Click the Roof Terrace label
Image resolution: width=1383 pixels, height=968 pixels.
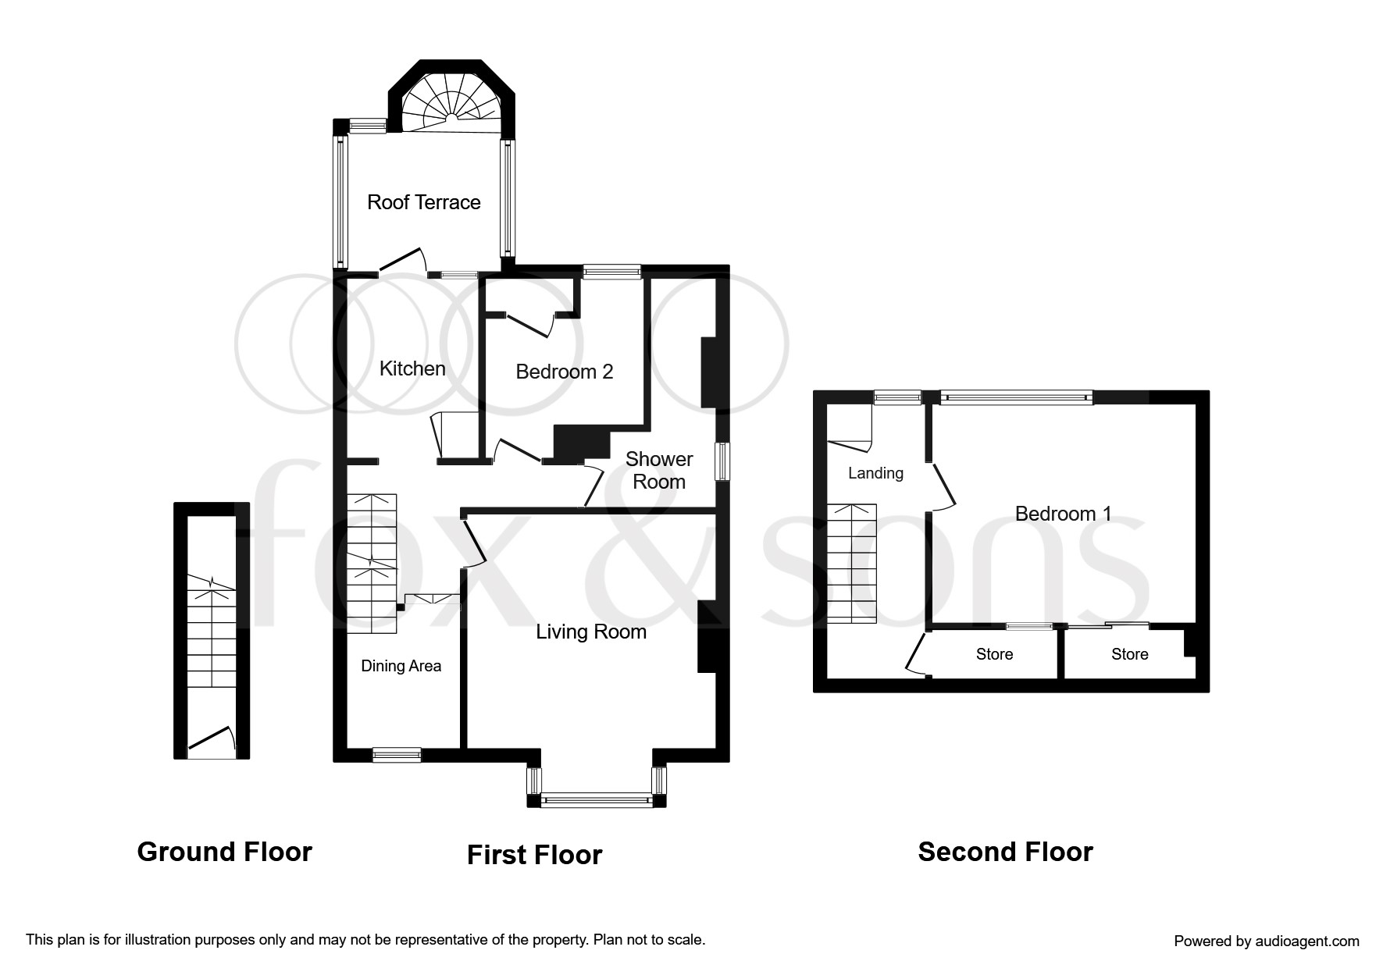click(423, 202)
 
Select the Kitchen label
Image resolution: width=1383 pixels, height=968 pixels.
click(412, 368)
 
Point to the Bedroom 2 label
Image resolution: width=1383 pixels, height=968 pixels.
click(565, 372)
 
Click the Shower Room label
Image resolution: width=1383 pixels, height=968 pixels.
click(659, 470)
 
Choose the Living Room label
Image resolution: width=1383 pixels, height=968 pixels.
click(591, 632)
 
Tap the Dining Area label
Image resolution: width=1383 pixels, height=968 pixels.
click(401, 666)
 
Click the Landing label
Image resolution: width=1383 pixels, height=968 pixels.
click(875, 473)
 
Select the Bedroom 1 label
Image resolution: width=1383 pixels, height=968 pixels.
click(1063, 514)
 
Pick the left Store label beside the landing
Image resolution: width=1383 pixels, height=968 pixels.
click(994, 654)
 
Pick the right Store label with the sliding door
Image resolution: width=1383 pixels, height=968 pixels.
click(1130, 654)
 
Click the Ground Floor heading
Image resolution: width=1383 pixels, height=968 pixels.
click(225, 852)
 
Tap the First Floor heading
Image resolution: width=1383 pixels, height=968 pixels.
click(535, 855)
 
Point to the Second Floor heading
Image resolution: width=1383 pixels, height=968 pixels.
click(1006, 852)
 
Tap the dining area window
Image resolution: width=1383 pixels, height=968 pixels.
click(397, 755)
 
